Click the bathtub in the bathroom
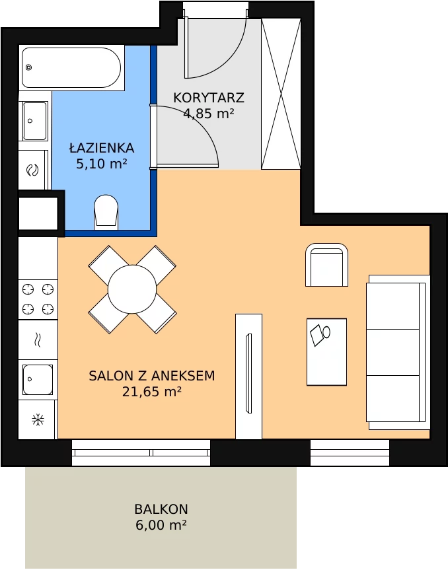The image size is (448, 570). pos(71,67)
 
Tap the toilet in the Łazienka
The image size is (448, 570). pos(106,213)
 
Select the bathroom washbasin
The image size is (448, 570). pos(35,121)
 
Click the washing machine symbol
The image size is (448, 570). pos(33,170)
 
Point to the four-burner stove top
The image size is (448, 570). pos(38,300)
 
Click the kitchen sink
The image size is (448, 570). pos(38,380)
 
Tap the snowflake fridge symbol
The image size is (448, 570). pos(38,420)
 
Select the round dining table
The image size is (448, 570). pos(132,289)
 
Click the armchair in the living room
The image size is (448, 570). pos(326,265)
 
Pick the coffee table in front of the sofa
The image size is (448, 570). pos(326,352)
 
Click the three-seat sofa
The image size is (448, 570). pos(398,352)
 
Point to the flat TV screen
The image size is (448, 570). pos(249,373)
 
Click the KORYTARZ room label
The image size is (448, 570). pos(209,98)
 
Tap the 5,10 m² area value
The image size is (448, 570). pos(102,164)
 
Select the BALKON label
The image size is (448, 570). pos(161,509)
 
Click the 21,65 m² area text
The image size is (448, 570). pos(151,392)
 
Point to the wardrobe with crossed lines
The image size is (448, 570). pos(281,94)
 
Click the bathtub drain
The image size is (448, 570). pos(28,67)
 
